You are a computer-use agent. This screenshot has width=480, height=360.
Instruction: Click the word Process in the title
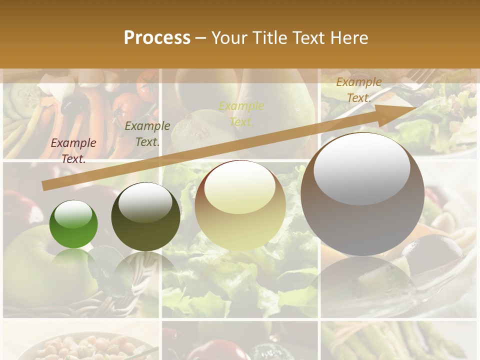point(157,37)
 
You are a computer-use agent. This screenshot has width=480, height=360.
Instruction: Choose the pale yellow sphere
point(240,205)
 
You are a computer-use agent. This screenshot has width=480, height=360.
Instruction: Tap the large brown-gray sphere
point(362,194)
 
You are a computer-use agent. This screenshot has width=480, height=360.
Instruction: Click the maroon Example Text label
point(73,150)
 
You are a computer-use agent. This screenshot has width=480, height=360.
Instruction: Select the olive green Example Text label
point(147,133)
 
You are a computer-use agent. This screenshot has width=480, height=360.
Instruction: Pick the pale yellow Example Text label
point(241,113)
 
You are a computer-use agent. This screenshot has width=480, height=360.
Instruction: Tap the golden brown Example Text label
point(358,90)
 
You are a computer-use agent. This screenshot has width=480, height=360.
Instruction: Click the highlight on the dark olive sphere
point(145,202)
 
